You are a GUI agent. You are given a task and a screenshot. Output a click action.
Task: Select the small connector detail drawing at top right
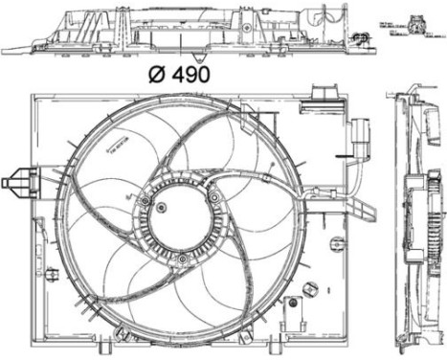point(418,29)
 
